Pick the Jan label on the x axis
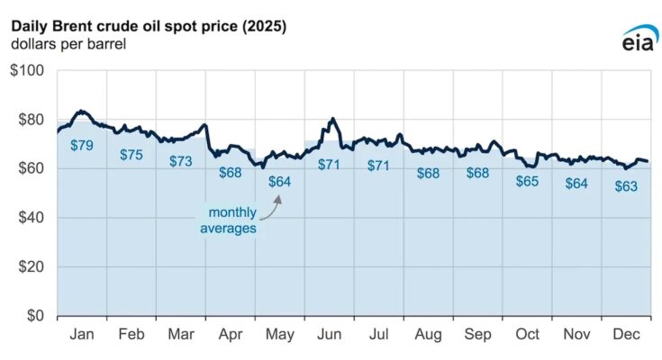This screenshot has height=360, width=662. coord(82,334)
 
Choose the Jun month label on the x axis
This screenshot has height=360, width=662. coord(330,334)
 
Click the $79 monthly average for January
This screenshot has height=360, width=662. coord(82,145)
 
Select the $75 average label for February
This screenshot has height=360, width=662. coord(131,155)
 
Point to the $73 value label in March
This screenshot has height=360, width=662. coord(181,162)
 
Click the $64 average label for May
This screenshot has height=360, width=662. coord(280,182)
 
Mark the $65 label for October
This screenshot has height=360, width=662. coord(527,181)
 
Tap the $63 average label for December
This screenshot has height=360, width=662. coord(624,186)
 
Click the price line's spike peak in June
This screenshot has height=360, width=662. coord(333,119)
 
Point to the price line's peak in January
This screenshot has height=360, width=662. coord(81,112)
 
